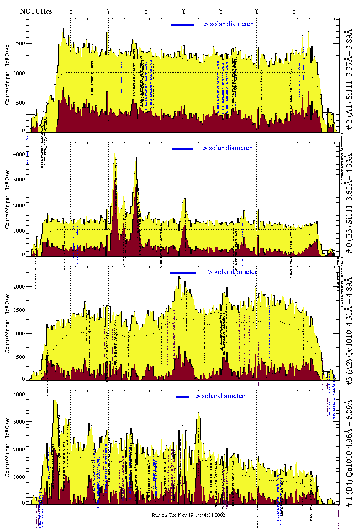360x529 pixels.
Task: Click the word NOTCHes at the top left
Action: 36,11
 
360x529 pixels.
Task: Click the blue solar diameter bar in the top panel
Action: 183,25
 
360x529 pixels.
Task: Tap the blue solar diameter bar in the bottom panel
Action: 183,397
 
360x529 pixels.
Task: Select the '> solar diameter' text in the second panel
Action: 227,148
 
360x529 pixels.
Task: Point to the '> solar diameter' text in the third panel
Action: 232,272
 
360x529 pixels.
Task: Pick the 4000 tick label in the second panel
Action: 19,154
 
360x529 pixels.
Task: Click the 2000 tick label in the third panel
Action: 19,287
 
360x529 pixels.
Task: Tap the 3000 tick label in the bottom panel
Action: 19,422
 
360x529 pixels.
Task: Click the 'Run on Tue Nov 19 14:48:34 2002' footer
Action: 188,515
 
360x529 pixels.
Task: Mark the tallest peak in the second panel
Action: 115,153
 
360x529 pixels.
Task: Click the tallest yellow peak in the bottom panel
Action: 55,401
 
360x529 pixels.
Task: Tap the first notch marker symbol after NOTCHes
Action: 71,11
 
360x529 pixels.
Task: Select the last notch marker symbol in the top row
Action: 294,11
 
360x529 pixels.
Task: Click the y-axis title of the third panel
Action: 7,323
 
